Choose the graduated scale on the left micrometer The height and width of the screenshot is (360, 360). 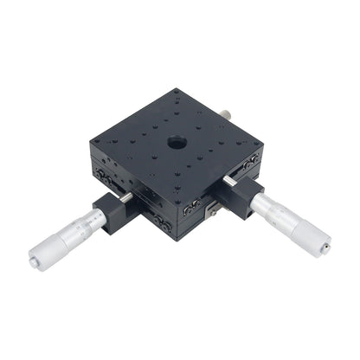(x=87, y=225)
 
